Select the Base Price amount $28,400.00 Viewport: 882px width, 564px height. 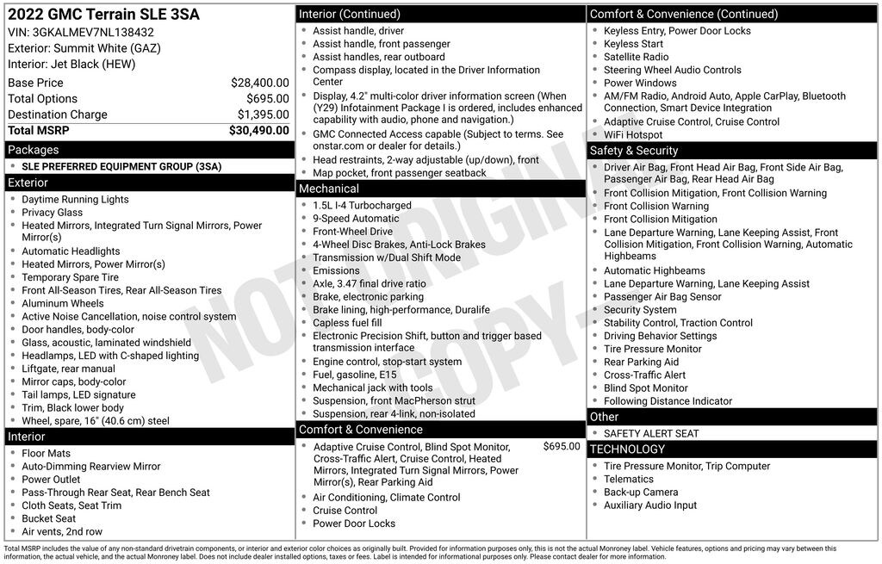click(x=259, y=83)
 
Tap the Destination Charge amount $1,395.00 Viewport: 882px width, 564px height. click(x=263, y=115)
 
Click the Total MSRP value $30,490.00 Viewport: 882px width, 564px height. click(x=258, y=131)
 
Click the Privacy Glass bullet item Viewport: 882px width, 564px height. click(x=53, y=213)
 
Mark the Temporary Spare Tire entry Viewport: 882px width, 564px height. click(x=71, y=277)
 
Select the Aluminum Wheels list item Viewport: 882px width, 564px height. click(x=63, y=303)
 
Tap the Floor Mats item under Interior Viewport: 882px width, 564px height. click(x=47, y=453)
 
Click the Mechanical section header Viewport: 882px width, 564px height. click(x=328, y=189)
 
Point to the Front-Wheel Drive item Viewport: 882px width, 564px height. click(x=352, y=232)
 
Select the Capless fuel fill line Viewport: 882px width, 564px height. click(x=347, y=323)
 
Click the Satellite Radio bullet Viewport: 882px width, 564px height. click(x=636, y=57)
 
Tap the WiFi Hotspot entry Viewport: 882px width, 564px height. click(x=633, y=135)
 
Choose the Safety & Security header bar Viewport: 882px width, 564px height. click(x=634, y=151)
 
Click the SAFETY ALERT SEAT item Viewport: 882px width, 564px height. click(x=651, y=433)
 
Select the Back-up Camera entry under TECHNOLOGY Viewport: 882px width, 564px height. click(x=641, y=492)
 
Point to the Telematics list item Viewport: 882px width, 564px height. click(x=629, y=479)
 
